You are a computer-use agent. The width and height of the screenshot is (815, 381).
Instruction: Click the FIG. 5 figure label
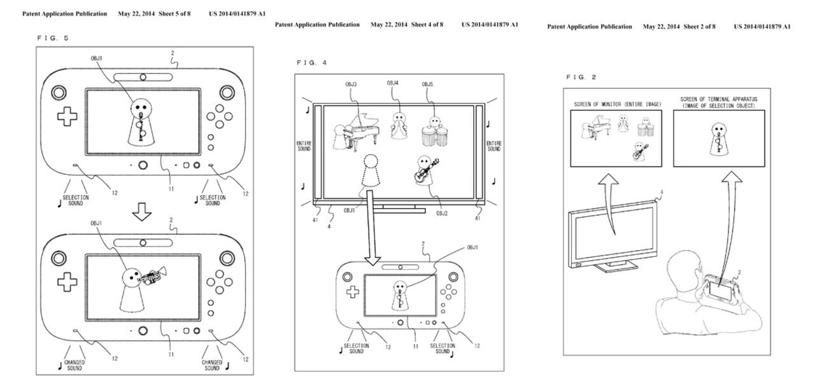point(53,38)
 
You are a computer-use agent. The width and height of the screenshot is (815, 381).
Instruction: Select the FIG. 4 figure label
point(311,62)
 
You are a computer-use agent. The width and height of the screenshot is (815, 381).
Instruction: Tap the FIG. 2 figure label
point(581,77)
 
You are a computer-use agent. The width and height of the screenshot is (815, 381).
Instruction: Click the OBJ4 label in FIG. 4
point(394,84)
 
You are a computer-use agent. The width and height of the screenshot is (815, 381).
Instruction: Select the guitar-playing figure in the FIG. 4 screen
point(427,170)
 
